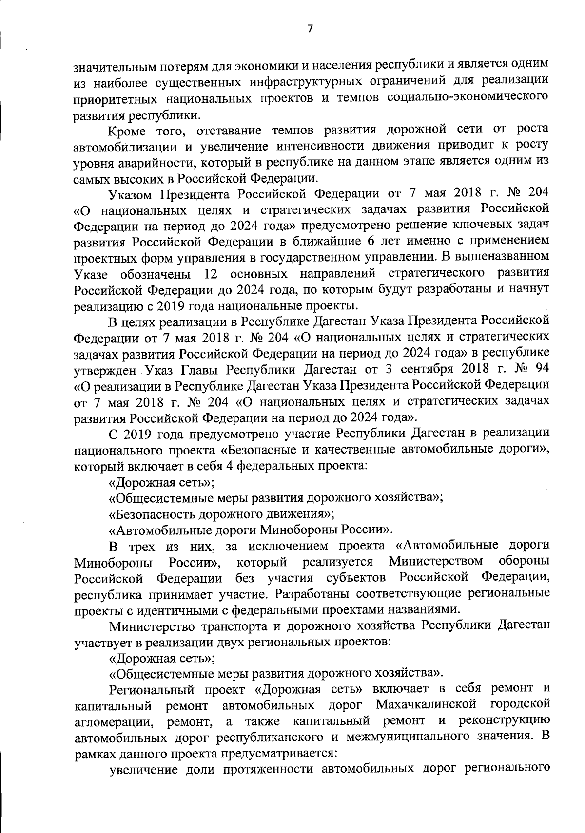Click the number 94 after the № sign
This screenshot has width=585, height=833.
pyautogui.click(x=541, y=368)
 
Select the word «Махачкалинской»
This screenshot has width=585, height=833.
pyautogui.click(x=426, y=705)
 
